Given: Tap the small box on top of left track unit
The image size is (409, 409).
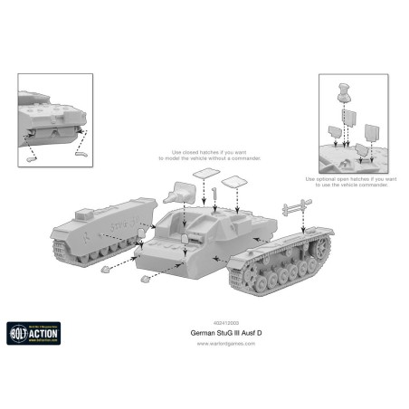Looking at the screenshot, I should click(x=110, y=214).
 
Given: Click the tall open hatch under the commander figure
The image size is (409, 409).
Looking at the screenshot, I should click(x=348, y=119).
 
